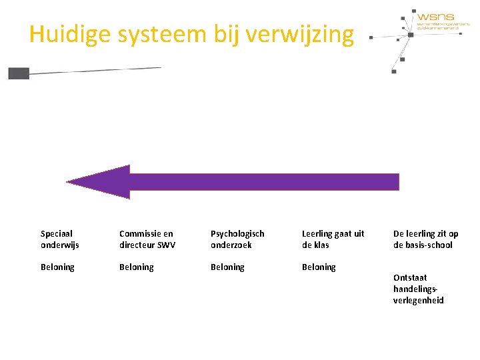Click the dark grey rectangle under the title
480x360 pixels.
(x=19, y=73)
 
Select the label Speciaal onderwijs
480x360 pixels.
(x=59, y=239)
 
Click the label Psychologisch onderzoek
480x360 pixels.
(x=237, y=239)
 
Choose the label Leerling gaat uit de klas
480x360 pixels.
(x=333, y=239)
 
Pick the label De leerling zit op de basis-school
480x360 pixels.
(x=425, y=239)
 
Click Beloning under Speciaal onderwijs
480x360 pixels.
(x=57, y=267)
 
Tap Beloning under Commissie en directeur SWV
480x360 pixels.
(x=136, y=267)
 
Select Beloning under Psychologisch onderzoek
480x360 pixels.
(x=227, y=267)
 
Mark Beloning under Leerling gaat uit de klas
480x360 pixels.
(x=319, y=267)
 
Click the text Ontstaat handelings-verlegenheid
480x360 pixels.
(x=419, y=289)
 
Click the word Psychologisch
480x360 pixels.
(x=237, y=233)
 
